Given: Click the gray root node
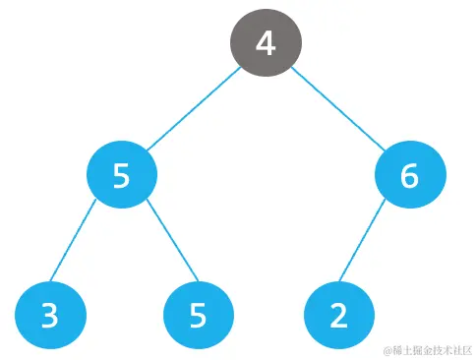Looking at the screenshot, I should tap(266, 44).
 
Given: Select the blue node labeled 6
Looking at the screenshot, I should tap(410, 175).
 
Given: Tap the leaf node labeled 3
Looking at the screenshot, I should tap(51, 315).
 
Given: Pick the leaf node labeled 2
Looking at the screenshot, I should tap(339, 315).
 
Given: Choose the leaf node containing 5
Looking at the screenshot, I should tap(199, 315).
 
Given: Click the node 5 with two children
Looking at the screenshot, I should tap(121, 175).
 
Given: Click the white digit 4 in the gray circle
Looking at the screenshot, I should tap(266, 44).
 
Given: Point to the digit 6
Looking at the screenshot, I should tap(410, 176).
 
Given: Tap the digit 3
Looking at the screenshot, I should tap(51, 316).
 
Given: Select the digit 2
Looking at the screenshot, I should tap(339, 316).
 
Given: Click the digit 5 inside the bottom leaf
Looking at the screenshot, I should tap(199, 316).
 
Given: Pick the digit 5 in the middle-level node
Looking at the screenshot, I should tap(121, 176).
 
